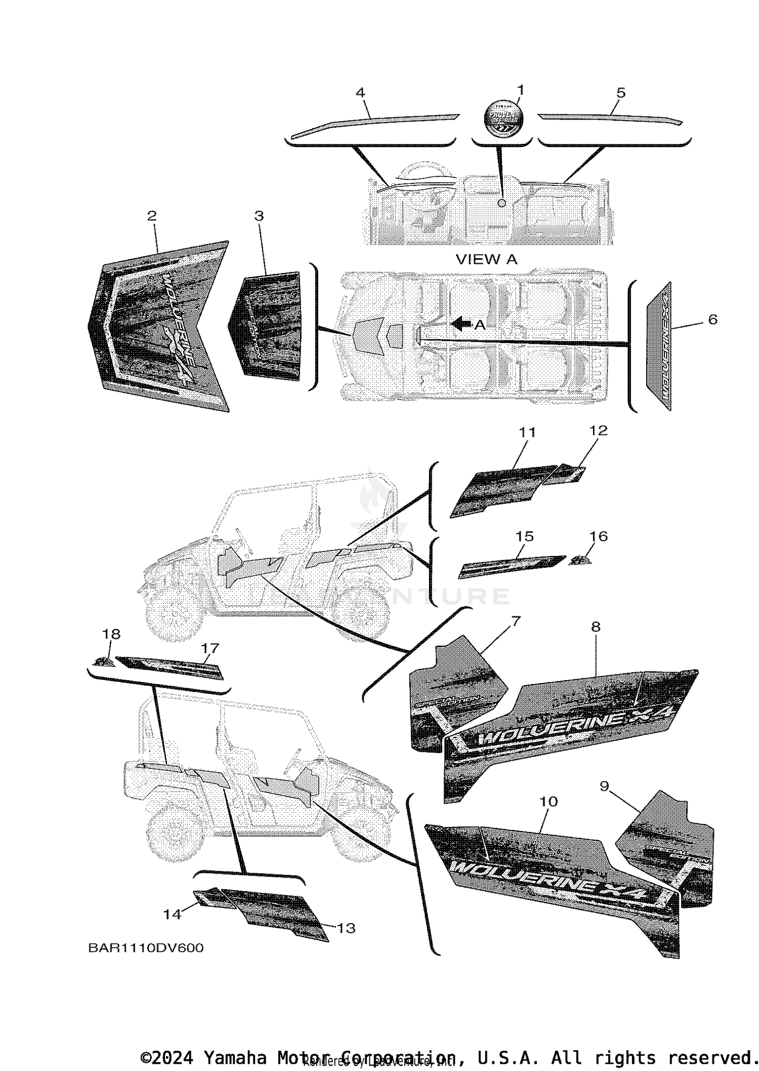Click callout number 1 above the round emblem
click(x=520, y=90)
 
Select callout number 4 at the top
click(x=360, y=93)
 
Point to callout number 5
click(x=621, y=93)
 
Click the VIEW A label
click(x=486, y=259)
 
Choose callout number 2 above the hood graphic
click(x=152, y=216)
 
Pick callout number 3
click(x=259, y=216)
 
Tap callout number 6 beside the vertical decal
click(x=712, y=320)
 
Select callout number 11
click(x=527, y=432)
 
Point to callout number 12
click(x=598, y=430)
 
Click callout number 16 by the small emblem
click(x=599, y=536)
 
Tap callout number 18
click(x=111, y=634)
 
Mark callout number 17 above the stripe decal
click(x=210, y=648)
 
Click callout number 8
click(x=596, y=627)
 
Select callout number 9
click(x=604, y=786)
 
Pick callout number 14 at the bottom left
click(x=172, y=914)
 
